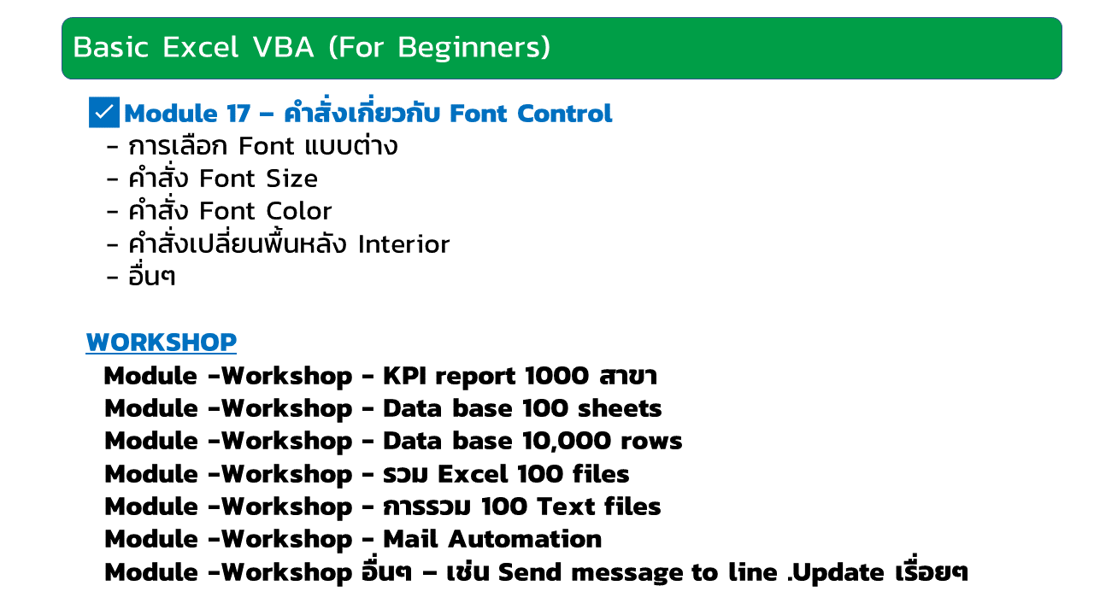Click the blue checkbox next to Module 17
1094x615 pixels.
pyautogui.click(x=104, y=112)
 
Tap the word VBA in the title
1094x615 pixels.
pyautogui.click(x=283, y=47)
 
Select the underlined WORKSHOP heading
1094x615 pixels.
pyautogui.click(x=162, y=343)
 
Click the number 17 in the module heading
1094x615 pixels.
pyautogui.click(x=238, y=114)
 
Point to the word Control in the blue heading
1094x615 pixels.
pyautogui.click(x=564, y=114)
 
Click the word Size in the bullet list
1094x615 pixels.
pyautogui.click(x=291, y=179)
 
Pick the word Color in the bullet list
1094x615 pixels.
pyautogui.click(x=298, y=211)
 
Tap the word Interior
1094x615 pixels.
pyautogui.click(x=403, y=244)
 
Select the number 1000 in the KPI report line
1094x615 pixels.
pyautogui.click(x=556, y=376)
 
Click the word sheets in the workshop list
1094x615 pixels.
pyautogui.click(x=620, y=408)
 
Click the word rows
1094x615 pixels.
pyautogui.click(x=651, y=442)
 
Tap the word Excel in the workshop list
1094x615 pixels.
pyautogui.click(x=473, y=474)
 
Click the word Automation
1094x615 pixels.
pyautogui.click(x=525, y=539)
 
